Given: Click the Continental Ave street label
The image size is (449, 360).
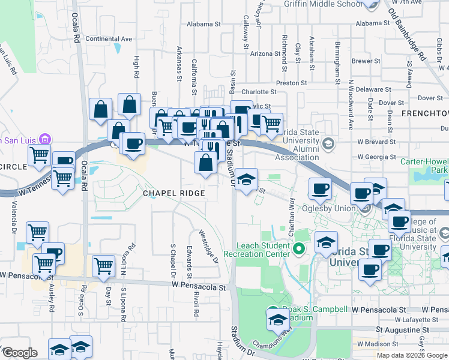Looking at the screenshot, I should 109,39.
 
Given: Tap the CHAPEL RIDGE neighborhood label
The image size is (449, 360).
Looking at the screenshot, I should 173,193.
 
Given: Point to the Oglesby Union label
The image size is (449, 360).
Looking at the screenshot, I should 325,208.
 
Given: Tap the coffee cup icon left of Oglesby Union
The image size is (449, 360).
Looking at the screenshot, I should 320,189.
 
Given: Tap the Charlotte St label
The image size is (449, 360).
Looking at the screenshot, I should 259,92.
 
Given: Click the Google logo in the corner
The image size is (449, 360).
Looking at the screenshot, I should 19,353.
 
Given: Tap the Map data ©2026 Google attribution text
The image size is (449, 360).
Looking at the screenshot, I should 411,355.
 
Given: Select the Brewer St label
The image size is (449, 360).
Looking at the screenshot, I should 362,61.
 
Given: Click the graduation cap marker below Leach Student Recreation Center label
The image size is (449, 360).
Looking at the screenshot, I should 326,242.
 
